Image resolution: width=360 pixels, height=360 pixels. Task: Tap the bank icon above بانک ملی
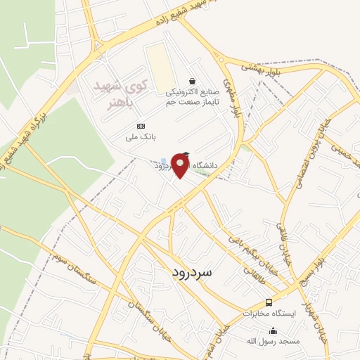coord(140,125)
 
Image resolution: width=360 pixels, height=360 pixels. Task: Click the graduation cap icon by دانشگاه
coord(186,155)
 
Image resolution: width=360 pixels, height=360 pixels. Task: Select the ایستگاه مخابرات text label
coord(271,312)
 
